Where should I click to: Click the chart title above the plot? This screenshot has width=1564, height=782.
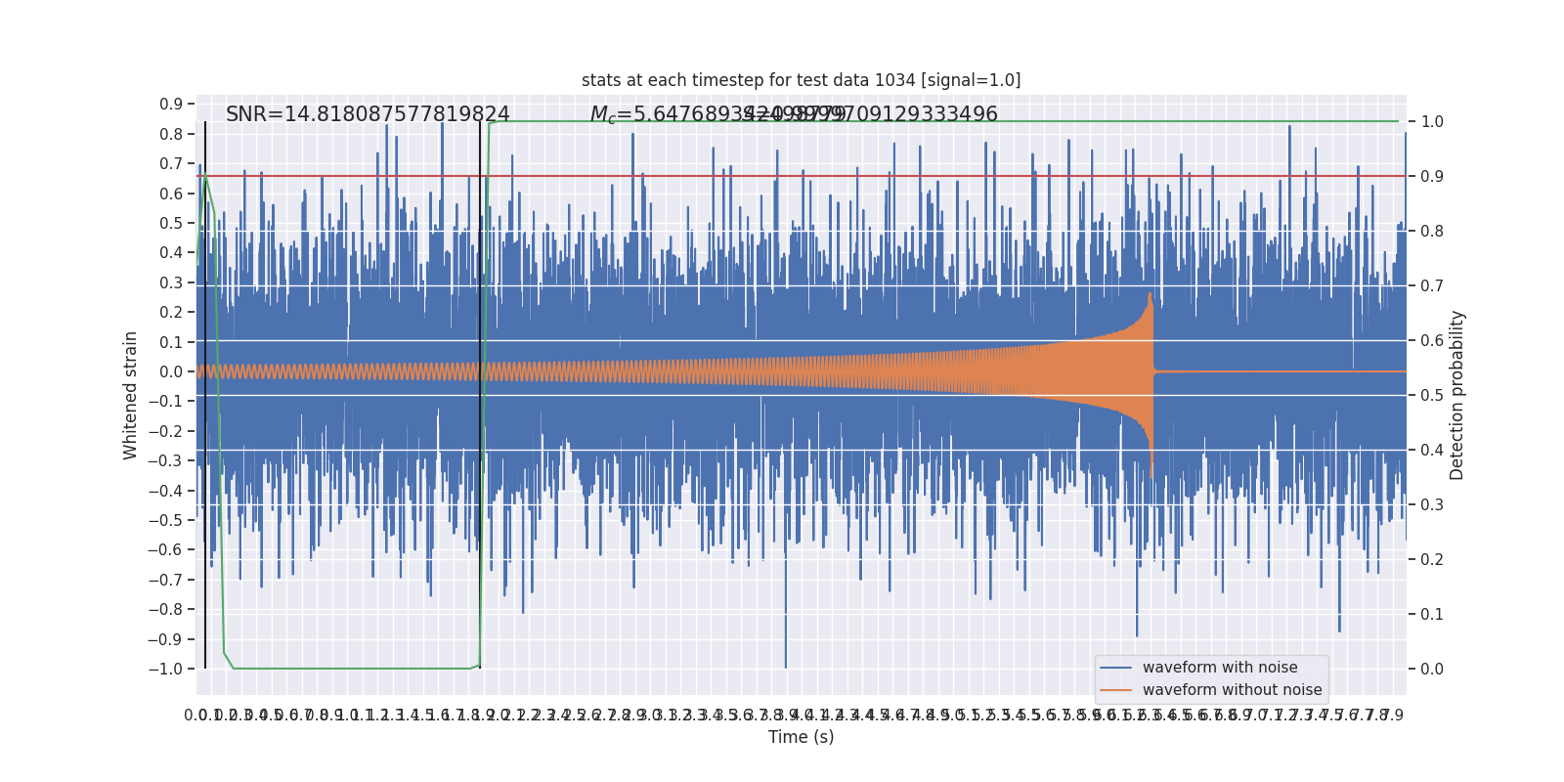pos(801,80)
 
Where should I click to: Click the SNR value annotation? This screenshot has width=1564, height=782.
pos(368,114)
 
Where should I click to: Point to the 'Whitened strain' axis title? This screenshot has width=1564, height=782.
pos(131,395)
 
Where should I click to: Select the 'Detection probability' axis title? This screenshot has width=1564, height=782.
pos(1457,395)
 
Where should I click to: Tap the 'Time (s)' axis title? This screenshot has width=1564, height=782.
pos(801,737)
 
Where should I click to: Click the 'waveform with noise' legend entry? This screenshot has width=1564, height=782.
pos(1219,668)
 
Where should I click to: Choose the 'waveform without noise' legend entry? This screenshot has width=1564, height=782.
pos(1232,690)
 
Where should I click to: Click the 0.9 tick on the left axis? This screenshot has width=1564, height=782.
pos(171,105)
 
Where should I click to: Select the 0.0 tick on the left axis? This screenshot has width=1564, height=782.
pos(171,371)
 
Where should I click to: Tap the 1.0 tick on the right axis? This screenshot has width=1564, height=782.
pos(1432,122)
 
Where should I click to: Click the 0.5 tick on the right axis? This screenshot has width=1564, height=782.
pos(1432,396)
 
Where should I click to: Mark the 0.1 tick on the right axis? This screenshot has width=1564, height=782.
pos(1432,614)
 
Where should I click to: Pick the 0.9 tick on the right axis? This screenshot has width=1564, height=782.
pos(1432,177)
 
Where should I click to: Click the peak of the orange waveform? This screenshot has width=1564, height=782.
pos(1150,293)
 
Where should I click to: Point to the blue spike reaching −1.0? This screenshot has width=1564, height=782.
pos(785,665)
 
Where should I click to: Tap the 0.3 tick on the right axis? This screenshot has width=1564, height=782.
pos(1432,505)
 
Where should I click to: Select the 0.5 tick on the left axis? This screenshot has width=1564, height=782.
pos(171,223)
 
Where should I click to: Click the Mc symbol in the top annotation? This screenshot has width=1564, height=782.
pos(602,115)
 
